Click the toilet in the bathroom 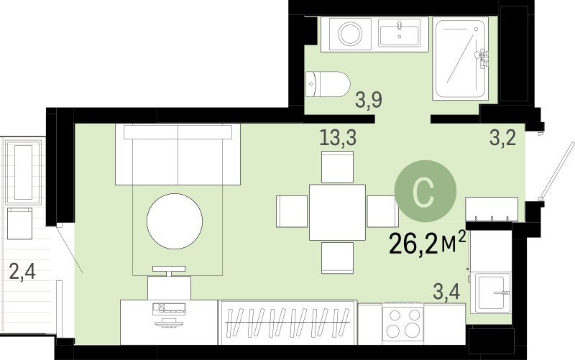point(328,84)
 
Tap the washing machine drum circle point(350,34)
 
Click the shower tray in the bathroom point(460,59)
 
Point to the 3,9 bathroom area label point(369,100)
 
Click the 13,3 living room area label point(338,138)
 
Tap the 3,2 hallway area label point(502,138)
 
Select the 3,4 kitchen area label point(446,292)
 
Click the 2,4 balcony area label point(22,272)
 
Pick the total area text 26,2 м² point(427,243)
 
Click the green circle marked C point(425,191)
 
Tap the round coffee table point(175,221)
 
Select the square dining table point(337,212)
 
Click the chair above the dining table point(337,167)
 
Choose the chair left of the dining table point(292,211)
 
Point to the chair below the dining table point(337,258)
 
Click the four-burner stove point(403,323)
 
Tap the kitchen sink point(491,292)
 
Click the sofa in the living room point(178,154)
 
